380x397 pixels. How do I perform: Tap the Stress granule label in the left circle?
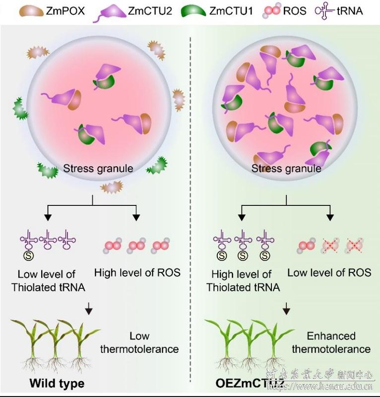pos(98,168)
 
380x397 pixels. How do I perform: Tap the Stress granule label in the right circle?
pos(286,168)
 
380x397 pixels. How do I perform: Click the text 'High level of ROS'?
pos(137,272)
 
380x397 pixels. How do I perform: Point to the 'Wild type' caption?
pos(57,383)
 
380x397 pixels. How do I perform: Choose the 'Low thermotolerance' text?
pos(139,342)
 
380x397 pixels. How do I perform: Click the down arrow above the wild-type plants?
pos(89,310)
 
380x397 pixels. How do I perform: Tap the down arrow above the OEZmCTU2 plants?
pos(286,310)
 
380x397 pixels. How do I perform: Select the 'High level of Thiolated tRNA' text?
pos(242,280)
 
